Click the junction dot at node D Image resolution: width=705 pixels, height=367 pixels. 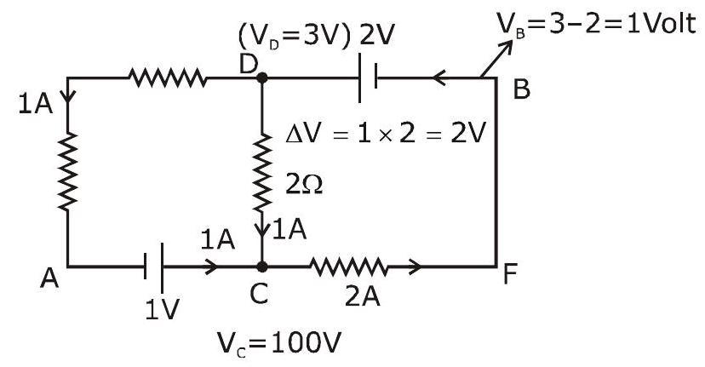(x=261, y=77)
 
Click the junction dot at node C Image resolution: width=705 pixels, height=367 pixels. (x=261, y=267)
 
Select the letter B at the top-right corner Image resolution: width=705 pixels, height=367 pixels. (x=522, y=89)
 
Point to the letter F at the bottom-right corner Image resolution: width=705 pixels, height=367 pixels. (x=510, y=272)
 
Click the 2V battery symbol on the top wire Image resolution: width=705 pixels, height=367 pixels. (x=368, y=77)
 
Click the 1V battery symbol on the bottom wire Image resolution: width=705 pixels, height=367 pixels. (x=153, y=267)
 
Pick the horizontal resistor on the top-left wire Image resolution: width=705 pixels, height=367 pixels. (x=168, y=77)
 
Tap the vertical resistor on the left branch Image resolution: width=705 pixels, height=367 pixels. (x=67, y=172)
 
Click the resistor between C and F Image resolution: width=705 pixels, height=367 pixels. (x=348, y=267)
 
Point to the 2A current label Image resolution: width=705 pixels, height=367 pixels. (x=363, y=296)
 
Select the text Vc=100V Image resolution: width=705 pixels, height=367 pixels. (x=278, y=344)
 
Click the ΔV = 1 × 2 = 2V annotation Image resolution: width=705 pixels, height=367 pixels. (x=386, y=134)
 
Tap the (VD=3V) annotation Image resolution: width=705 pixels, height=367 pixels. (x=294, y=36)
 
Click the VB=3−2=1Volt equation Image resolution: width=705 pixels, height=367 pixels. (x=596, y=24)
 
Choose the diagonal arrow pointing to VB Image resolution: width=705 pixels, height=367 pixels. (x=496, y=59)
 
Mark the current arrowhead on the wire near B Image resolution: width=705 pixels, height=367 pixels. (x=438, y=77)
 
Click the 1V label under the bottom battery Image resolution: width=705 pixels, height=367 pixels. (x=163, y=309)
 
